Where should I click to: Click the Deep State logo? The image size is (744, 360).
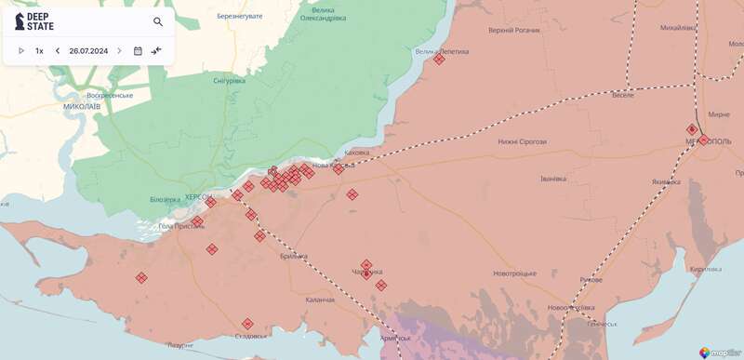33,21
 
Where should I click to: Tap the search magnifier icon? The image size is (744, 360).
158,21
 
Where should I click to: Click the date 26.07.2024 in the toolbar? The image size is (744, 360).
88,50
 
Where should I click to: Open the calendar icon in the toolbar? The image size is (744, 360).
138,50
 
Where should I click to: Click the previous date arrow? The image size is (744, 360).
58,50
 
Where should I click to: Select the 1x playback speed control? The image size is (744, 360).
39,50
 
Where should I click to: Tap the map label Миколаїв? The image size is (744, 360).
82,107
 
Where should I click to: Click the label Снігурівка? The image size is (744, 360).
229,81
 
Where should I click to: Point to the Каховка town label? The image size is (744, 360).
356,153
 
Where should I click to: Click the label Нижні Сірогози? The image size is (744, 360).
522,141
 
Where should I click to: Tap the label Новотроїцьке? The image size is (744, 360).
515,273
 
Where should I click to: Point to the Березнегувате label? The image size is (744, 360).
240,16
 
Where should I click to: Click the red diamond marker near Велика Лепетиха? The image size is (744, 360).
439,60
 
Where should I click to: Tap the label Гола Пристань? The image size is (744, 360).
181,226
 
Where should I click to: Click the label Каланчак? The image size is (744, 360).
320,299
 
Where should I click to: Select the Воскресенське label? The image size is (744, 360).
110,95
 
